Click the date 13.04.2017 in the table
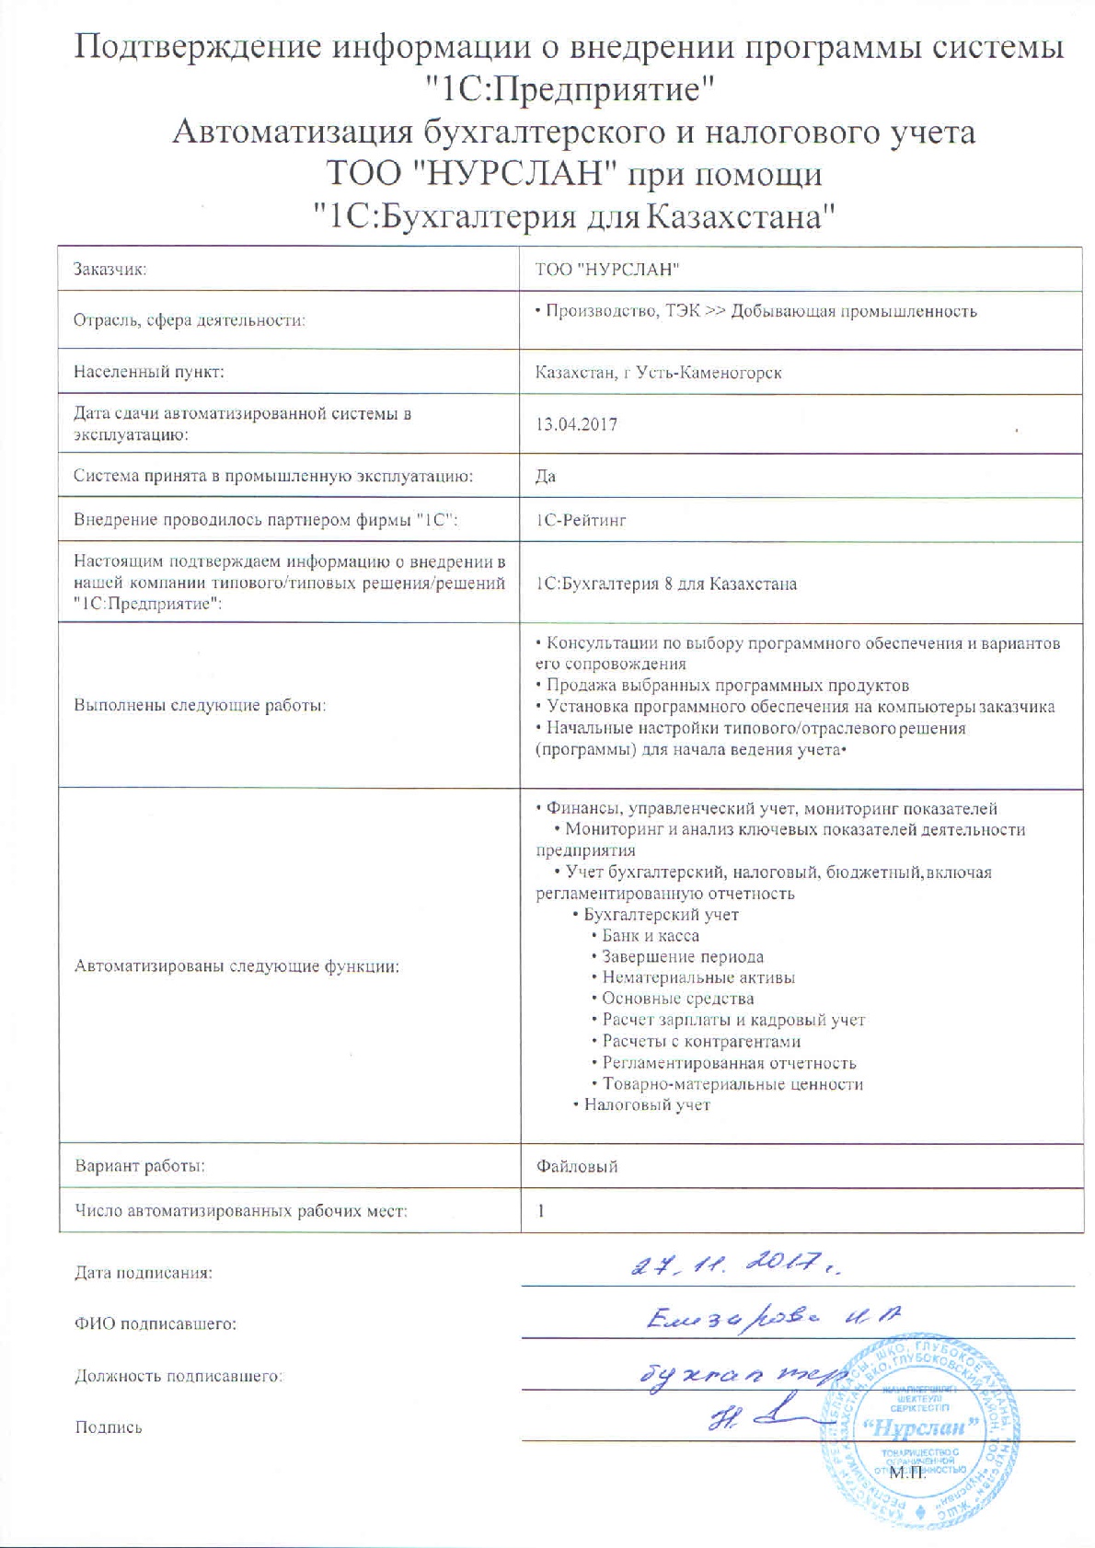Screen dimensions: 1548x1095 (x=576, y=424)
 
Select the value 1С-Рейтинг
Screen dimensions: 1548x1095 (x=581, y=520)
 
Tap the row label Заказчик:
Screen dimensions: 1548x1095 (x=110, y=270)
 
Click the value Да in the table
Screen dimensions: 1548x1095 (x=546, y=476)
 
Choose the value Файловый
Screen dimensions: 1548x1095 (x=577, y=1166)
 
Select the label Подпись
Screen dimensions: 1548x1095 (x=109, y=1427)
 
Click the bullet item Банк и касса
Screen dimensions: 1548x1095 (x=650, y=936)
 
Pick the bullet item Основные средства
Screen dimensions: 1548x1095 (x=677, y=999)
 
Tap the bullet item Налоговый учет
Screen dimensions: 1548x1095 (x=647, y=1104)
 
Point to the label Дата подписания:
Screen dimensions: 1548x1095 (x=144, y=1273)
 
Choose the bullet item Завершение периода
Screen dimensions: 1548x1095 (x=682, y=957)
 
